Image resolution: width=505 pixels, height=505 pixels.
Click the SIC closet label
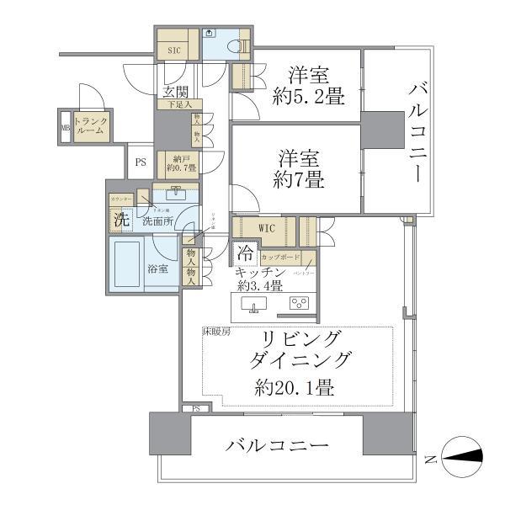click(x=174, y=50)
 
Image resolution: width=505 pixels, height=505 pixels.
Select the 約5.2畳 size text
click(x=308, y=97)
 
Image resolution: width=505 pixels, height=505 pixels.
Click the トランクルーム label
click(x=91, y=125)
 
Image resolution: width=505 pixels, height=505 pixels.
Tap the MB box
click(x=66, y=127)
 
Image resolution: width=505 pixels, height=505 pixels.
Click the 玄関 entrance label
click(x=175, y=92)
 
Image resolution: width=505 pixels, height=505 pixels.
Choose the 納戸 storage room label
click(x=183, y=162)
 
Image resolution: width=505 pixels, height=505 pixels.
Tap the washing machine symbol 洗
click(x=120, y=221)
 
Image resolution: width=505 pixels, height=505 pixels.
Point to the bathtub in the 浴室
click(x=129, y=265)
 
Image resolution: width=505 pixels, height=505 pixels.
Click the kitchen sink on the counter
click(x=253, y=304)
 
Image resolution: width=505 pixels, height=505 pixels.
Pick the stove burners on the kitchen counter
click(x=299, y=304)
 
